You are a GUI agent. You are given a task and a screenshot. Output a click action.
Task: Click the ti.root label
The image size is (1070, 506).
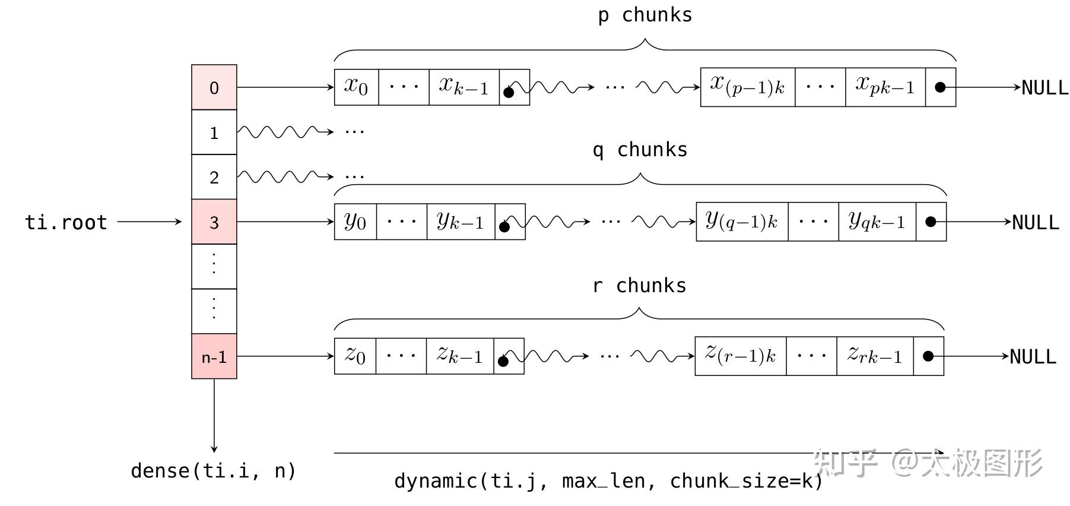(x=66, y=222)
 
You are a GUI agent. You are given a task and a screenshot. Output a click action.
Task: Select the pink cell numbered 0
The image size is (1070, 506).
(x=214, y=87)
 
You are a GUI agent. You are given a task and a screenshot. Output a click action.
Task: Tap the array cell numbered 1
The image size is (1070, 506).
(x=214, y=132)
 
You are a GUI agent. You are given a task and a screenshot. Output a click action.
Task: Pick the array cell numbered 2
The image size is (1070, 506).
(x=214, y=177)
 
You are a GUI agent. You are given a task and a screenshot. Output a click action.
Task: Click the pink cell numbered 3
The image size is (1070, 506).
(x=214, y=222)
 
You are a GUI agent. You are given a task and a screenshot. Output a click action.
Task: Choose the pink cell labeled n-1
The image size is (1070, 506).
(x=214, y=356)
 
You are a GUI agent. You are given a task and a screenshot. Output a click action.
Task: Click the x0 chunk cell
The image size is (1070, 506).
(x=356, y=87)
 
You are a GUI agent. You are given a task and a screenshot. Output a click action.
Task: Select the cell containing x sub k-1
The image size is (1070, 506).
(x=463, y=87)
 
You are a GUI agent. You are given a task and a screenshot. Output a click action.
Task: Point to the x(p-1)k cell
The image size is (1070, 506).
(x=747, y=87)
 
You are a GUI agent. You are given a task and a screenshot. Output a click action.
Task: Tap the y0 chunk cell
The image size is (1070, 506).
(x=355, y=222)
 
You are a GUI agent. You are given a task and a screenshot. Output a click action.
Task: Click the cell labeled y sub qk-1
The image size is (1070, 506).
(x=877, y=222)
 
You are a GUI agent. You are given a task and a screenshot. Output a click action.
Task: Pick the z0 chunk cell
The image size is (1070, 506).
(x=355, y=356)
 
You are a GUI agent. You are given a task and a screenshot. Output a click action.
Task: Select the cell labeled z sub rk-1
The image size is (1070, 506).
(x=874, y=356)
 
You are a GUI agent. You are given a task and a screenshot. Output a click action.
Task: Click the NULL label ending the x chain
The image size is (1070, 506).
(x=1044, y=88)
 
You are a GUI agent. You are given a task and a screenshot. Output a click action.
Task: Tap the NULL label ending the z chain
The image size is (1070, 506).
(x=1033, y=357)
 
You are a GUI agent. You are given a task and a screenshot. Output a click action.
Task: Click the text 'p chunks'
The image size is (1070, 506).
(x=644, y=15)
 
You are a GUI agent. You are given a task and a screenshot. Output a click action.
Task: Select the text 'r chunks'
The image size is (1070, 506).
(x=639, y=286)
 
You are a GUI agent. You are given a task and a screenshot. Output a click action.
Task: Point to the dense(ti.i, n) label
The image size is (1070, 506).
(x=213, y=470)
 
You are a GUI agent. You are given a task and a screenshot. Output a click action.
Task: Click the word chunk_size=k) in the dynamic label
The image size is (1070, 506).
(x=746, y=480)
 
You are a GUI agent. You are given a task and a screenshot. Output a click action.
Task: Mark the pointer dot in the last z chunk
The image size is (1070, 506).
(x=928, y=356)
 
